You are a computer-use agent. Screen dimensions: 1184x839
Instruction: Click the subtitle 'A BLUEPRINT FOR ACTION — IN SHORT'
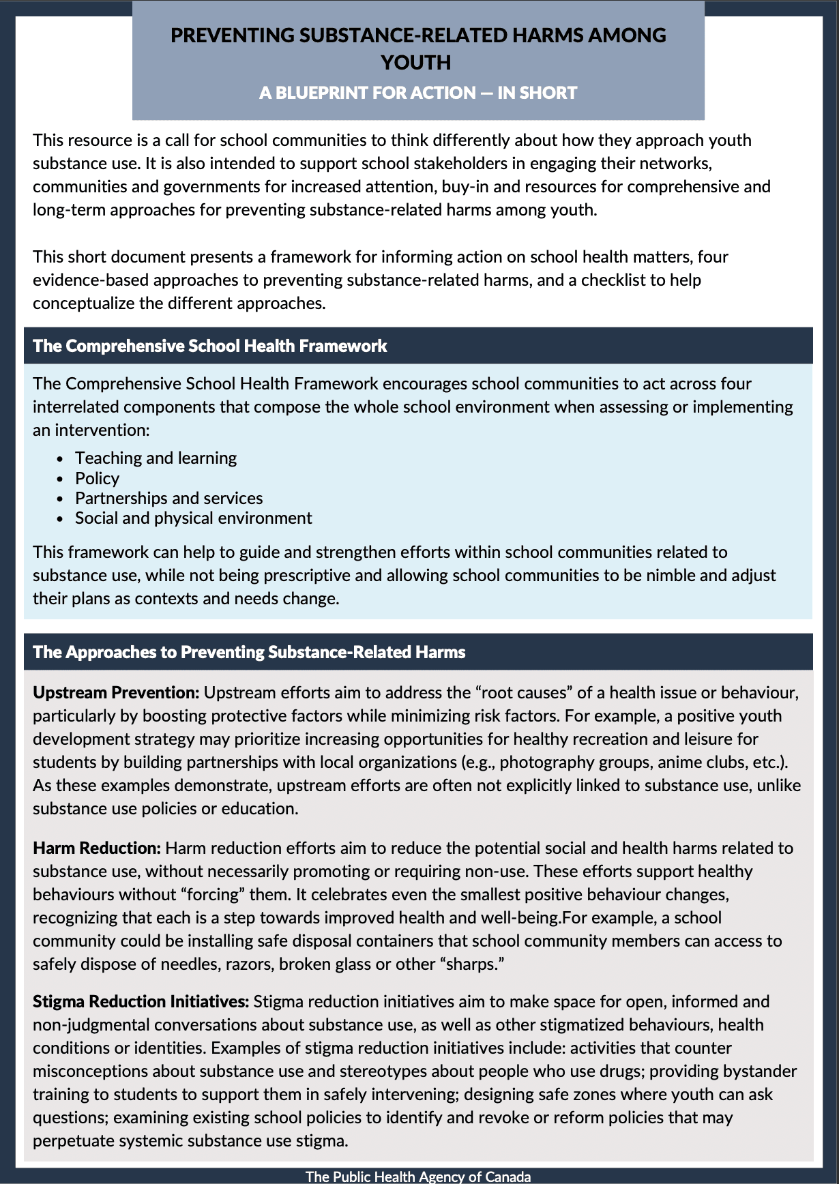click(x=418, y=93)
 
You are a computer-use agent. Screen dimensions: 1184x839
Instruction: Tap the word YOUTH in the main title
click(x=416, y=63)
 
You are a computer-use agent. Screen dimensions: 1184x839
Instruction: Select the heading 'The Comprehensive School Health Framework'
click(x=209, y=346)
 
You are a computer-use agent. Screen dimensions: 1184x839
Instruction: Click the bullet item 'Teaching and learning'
click(x=156, y=458)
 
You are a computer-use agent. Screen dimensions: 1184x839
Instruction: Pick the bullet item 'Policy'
click(x=97, y=478)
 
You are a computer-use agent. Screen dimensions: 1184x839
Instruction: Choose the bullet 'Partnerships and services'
click(x=168, y=498)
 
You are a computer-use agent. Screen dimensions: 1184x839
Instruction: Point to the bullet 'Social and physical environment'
click(x=193, y=518)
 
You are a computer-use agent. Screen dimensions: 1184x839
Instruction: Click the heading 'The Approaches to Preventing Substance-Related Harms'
click(x=249, y=652)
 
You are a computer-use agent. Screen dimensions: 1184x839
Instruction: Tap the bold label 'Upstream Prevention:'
click(x=116, y=692)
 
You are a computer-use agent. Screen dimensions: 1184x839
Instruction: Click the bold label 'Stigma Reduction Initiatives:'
click(x=141, y=1001)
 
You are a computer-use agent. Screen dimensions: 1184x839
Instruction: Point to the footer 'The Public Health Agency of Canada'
click(x=418, y=1176)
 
